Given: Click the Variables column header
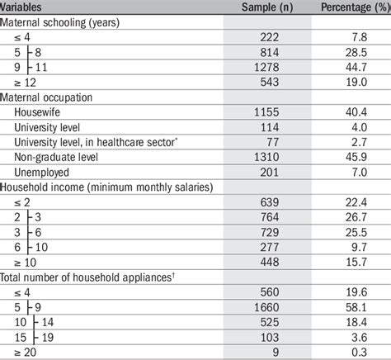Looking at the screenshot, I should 26,7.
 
